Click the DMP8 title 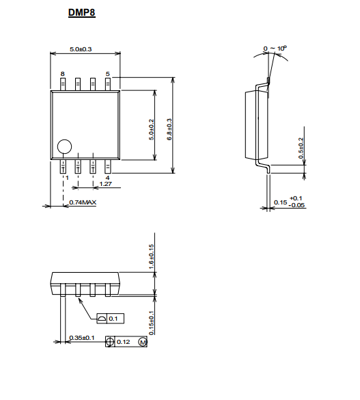tap(82, 12)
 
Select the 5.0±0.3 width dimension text tap(81, 49)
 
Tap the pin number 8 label tap(63, 74)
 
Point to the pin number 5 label tap(108, 74)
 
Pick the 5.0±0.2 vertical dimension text tap(152, 130)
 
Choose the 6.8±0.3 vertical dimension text tap(169, 130)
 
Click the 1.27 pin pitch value tap(106, 184)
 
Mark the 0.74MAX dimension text tap(83, 202)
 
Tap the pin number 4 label tap(107, 178)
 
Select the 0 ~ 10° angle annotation tap(275, 49)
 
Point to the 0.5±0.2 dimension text tap(301, 148)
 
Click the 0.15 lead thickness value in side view tap(281, 202)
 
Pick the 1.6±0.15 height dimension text tap(152, 256)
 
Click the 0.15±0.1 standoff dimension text tap(152, 323)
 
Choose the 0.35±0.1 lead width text tap(82, 338)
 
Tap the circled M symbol tap(143, 342)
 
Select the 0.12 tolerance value tap(124, 342)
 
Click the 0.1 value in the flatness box tap(113, 319)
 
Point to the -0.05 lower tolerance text tap(296, 205)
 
